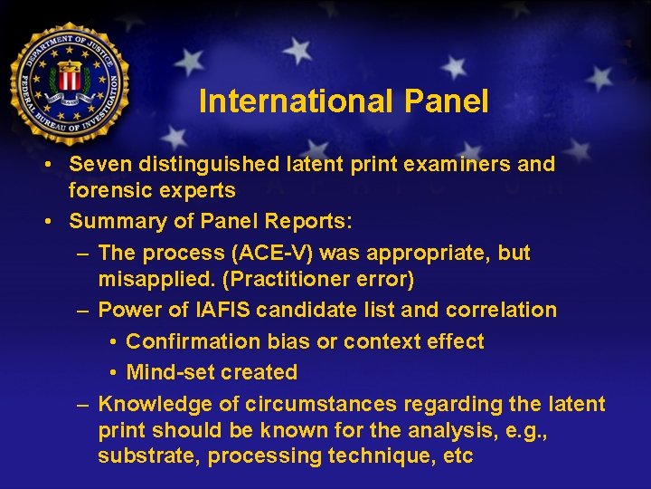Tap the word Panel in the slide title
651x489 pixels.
tap(447, 101)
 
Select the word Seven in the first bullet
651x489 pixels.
tap(99, 165)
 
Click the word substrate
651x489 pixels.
tap(148, 455)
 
